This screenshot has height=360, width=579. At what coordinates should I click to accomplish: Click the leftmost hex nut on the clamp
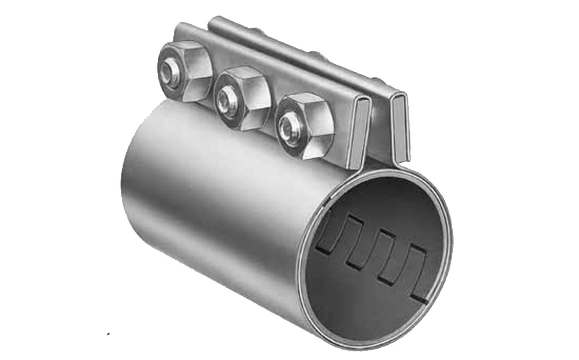click(185, 71)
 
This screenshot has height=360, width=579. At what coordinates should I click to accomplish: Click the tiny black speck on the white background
click(108, 334)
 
